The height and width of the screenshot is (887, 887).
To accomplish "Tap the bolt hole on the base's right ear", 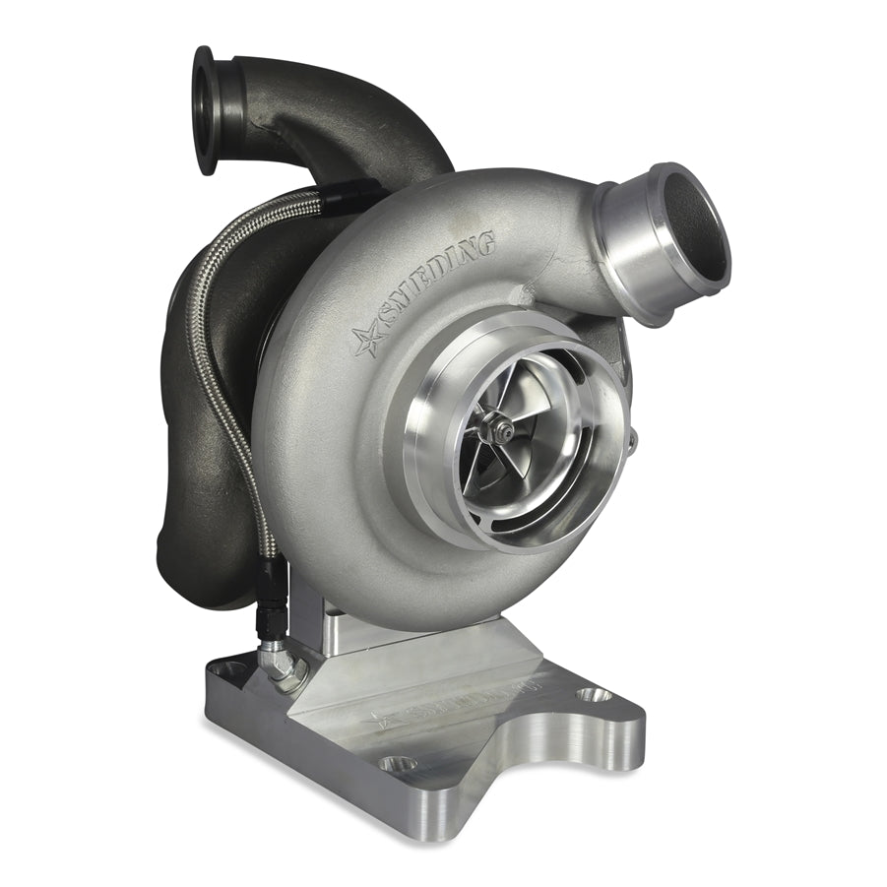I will pos(593,694).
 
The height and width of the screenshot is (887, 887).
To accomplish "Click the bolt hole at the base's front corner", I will pos(397,763).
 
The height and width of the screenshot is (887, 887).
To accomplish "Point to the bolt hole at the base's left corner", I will pos(228,668).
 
